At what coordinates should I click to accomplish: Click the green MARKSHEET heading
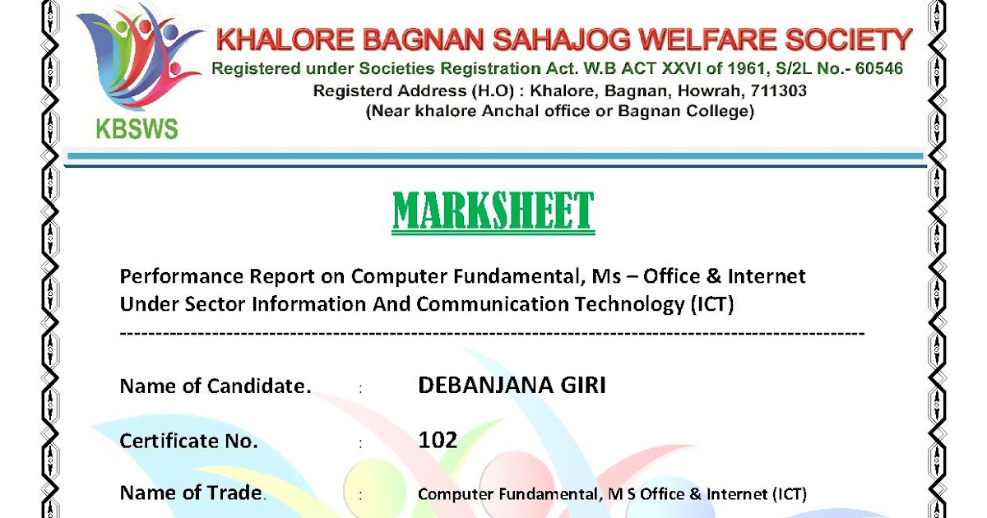[x=493, y=211]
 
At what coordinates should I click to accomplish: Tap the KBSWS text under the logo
[x=137, y=129]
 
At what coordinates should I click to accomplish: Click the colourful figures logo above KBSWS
[x=140, y=62]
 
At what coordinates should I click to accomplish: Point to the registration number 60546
[x=879, y=68]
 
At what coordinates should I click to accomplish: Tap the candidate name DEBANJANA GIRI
[x=512, y=386]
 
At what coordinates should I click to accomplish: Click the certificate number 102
[x=438, y=440]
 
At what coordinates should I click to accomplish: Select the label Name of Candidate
[x=215, y=386]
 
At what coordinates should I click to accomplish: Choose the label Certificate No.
[x=189, y=441]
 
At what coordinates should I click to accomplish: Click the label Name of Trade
[x=193, y=493]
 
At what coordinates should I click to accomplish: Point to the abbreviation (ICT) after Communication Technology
[x=710, y=304]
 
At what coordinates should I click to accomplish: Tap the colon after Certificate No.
[x=360, y=443]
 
